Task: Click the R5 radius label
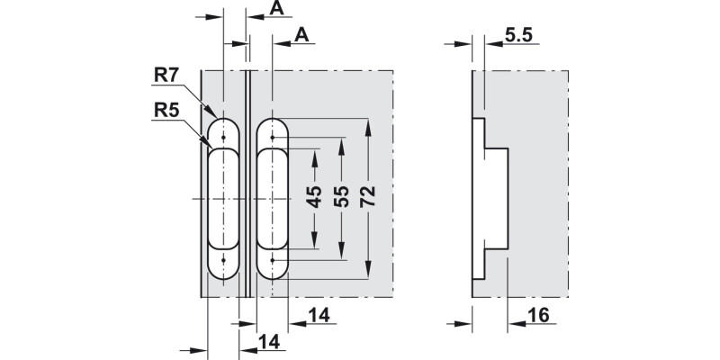167,111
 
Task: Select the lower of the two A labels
303,35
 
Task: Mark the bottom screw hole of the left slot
223,261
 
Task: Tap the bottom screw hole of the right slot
273,261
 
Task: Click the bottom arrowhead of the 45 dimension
314,242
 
